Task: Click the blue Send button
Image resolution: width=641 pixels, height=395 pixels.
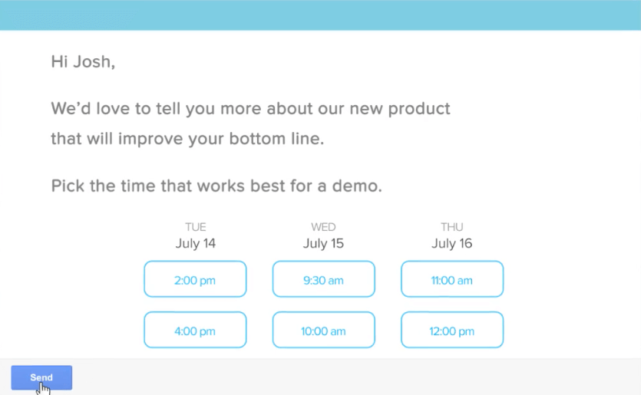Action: (x=41, y=377)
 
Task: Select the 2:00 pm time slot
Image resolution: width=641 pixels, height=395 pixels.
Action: (x=195, y=279)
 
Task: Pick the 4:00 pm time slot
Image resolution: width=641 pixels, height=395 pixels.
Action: (x=195, y=330)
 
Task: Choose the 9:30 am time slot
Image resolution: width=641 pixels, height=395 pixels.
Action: (x=324, y=279)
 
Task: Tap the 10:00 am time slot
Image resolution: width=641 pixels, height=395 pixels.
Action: (x=324, y=330)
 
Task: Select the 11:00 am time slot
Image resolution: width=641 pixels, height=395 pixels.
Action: (x=452, y=279)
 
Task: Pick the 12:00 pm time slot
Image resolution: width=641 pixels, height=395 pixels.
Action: (x=452, y=330)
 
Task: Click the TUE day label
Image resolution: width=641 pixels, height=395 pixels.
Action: (x=196, y=227)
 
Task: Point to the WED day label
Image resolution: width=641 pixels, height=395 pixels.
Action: (x=323, y=227)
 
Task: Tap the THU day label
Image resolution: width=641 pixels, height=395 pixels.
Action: (x=451, y=227)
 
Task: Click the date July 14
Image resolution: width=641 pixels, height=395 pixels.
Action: (x=196, y=243)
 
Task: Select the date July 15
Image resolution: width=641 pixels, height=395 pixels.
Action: (x=323, y=243)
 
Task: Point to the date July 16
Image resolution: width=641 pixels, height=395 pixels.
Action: (x=451, y=243)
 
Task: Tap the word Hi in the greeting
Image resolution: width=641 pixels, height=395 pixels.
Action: (x=59, y=61)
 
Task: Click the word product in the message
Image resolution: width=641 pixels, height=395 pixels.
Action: (x=419, y=109)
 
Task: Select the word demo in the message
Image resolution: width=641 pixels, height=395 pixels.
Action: (x=357, y=186)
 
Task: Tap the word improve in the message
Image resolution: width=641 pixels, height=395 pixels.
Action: (x=150, y=140)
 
